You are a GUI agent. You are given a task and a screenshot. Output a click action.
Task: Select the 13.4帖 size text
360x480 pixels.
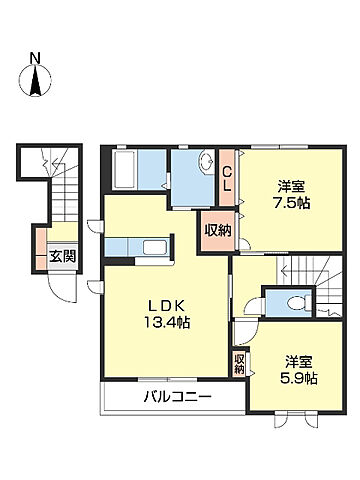pyautogui.click(x=164, y=323)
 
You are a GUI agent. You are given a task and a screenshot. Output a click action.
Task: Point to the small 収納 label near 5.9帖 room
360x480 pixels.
pyautogui.click(x=239, y=364)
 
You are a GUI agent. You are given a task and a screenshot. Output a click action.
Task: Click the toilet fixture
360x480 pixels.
pyautogui.click(x=292, y=304)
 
